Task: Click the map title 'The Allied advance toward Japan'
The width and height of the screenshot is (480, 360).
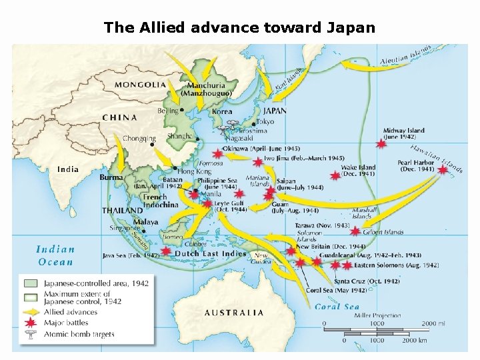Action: pyautogui.click(x=239, y=28)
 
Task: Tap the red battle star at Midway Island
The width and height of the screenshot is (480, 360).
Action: pyautogui.click(x=381, y=143)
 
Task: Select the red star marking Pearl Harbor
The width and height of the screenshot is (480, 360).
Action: pyautogui.click(x=443, y=170)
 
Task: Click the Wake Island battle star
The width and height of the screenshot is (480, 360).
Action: pyautogui.click(x=335, y=177)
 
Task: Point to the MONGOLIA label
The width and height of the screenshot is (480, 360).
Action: pyautogui.click(x=141, y=85)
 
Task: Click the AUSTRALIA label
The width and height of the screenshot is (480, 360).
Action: pyautogui.click(x=234, y=312)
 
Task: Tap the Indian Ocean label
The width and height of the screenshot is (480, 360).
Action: pyautogui.click(x=55, y=255)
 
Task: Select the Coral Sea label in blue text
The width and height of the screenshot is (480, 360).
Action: pyautogui.click(x=337, y=307)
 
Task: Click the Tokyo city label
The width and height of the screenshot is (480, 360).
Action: pyautogui.click(x=265, y=122)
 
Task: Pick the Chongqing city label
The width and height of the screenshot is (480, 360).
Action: pyautogui.click(x=139, y=139)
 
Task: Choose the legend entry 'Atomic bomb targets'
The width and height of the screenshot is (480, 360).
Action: pyautogui.click(x=79, y=334)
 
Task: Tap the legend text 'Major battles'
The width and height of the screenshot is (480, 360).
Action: pyautogui.click(x=66, y=323)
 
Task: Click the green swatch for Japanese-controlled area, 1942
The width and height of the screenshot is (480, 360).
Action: pyautogui.click(x=29, y=283)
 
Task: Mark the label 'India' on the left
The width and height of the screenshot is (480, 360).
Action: pyautogui.click(x=68, y=169)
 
